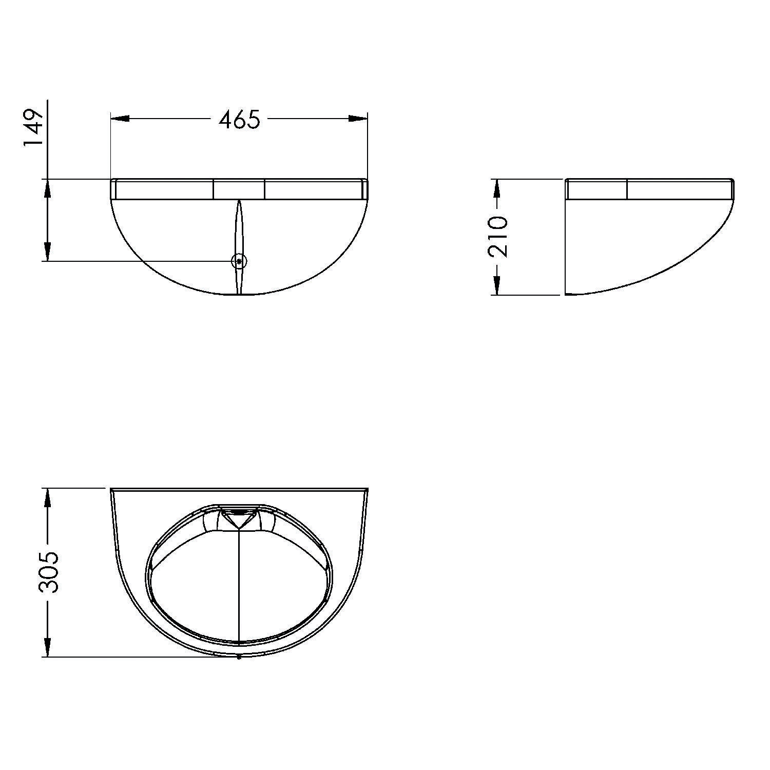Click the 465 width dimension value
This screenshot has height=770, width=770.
(240, 120)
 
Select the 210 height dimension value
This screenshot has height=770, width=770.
(497, 237)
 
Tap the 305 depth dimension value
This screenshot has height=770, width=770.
(50, 572)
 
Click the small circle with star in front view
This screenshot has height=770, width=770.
(239, 261)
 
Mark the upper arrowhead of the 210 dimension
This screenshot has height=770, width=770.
(496, 188)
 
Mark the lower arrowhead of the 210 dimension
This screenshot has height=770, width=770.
(496, 285)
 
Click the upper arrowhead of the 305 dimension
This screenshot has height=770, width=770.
(47, 498)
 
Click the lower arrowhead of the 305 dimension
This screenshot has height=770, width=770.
(47, 647)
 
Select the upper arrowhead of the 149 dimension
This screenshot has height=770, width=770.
(47, 189)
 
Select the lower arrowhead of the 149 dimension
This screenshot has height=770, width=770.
(47, 252)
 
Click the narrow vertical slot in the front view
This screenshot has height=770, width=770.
(239, 231)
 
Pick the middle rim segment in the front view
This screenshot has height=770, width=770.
(239, 189)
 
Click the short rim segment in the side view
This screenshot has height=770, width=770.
(596, 189)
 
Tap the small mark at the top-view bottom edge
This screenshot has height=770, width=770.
(239, 657)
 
